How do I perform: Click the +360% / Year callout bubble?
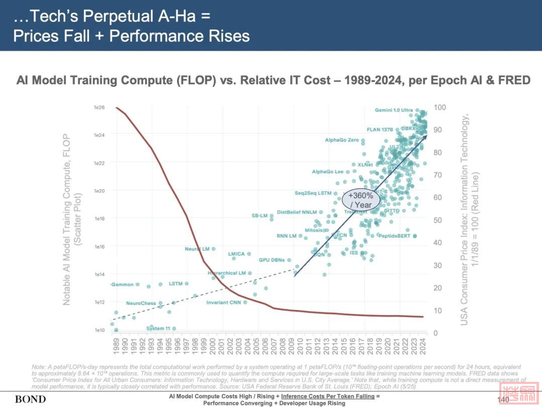point(361,200)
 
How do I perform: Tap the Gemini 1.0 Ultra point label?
point(394,110)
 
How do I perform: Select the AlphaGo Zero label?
point(342,140)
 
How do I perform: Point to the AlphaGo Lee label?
point(327,172)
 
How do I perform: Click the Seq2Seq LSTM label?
point(313,193)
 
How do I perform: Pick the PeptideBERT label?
point(394,236)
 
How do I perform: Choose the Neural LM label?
point(197,249)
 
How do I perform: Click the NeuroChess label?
point(141,303)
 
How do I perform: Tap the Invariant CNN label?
point(223,302)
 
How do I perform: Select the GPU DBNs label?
point(272,260)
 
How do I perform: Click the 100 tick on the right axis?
point(440,108)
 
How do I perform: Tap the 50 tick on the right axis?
point(438,220)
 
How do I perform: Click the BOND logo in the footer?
point(30,399)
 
